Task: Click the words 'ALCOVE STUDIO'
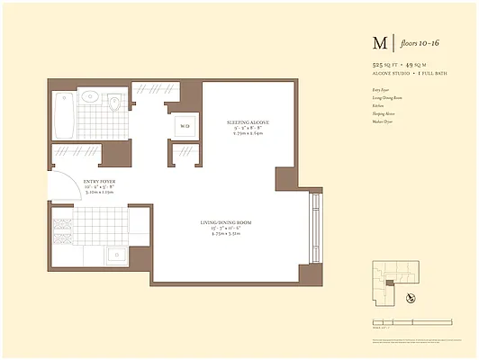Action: (390, 75)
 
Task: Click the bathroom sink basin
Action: (90, 96)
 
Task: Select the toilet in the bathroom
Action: (114, 103)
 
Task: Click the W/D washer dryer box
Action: (185, 127)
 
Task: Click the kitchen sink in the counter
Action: (114, 255)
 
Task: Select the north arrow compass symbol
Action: (411, 298)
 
